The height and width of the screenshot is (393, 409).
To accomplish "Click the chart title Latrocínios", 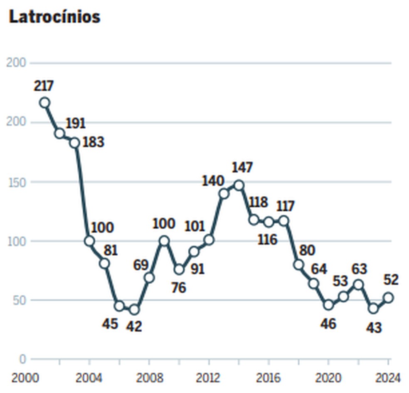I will click(x=54, y=17).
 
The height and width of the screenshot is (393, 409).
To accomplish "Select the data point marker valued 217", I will click(x=44, y=103).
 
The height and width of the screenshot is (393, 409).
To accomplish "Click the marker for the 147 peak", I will click(x=239, y=185).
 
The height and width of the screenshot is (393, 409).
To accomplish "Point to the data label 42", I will click(x=133, y=326).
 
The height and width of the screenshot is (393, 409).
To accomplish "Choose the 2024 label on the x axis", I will click(x=388, y=378).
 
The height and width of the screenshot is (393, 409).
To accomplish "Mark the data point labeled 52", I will click(x=389, y=298).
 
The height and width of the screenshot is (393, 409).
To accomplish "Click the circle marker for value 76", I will click(x=179, y=269).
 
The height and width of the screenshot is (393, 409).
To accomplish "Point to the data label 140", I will click(x=213, y=181).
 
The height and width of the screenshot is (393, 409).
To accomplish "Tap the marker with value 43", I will click(x=373, y=309).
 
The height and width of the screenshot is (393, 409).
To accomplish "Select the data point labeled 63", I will click(x=358, y=285).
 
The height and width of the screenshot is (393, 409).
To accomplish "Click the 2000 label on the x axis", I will click(x=23, y=378).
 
